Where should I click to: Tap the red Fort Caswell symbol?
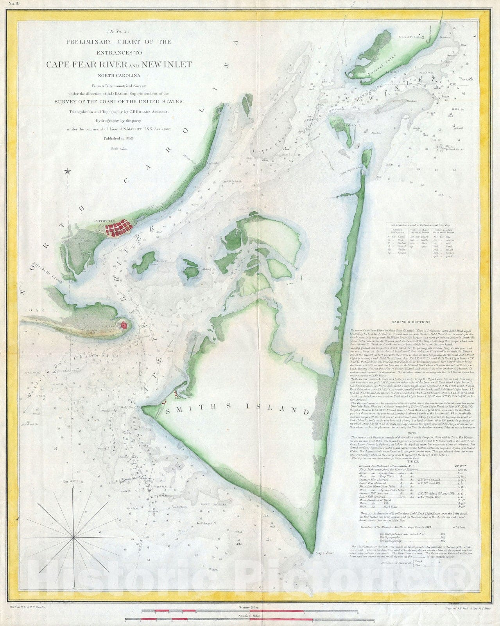point(124,324)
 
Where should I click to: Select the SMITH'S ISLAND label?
point(237,411)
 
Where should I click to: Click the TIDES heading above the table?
point(414,462)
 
